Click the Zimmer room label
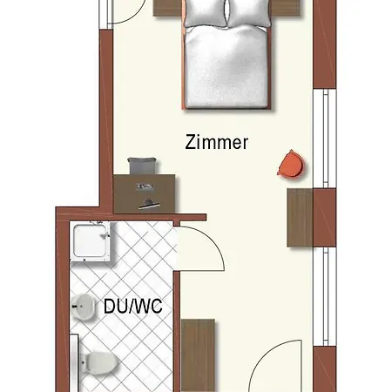pyautogui.click(x=217, y=142)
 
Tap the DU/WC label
pyautogui.click(x=133, y=306)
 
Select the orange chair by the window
pyautogui.click(x=291, y=164)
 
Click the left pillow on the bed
pyautogui.click(x=206, y=13)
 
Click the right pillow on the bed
pyautogui.click(x=248, y=13)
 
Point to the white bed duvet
pyautogui.click(x=226, y=67)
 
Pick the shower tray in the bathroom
pyautogui.click(x=91, y=241)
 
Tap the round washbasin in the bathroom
pyautogui.click(x=83, y=307)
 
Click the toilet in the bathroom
pyautogui.click(x=98, y=363)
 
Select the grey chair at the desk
pyautogui.click(x=142, y=166)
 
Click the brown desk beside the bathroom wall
pyautogui.click(x=145, y=193)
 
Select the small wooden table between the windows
pyautogui.click(x=300, y=218)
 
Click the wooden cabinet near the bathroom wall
pyautogui.click(x=198, y=355)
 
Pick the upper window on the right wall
pyautogui.click(x=325, y=139)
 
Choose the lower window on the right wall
pyautogui.click(x=325, y=296)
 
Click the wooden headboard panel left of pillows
pyautogui.click(x=168, y=8)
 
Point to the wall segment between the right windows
pyautogui.click(x=325, y=218)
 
